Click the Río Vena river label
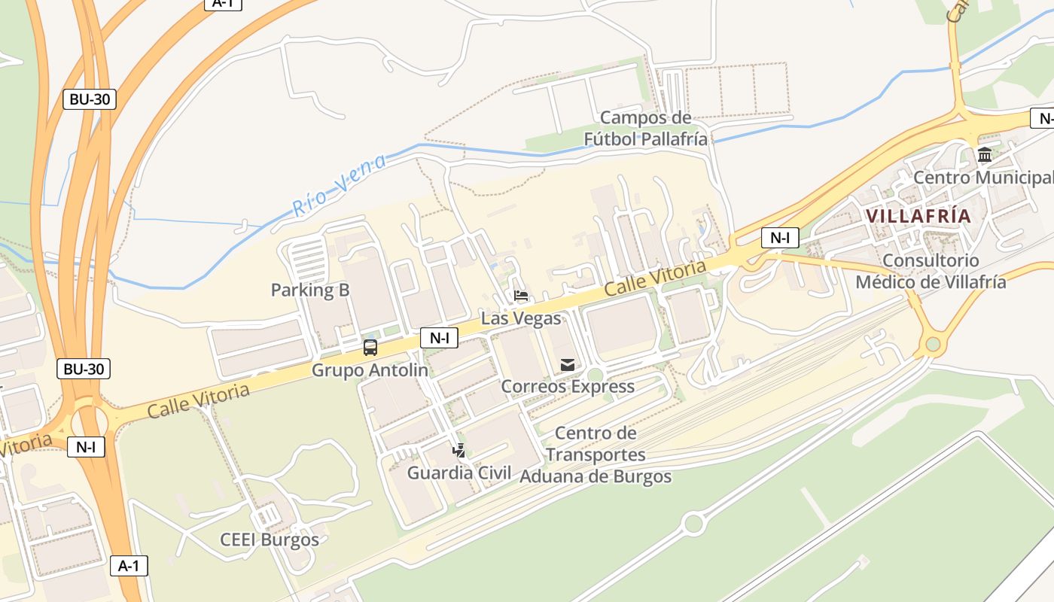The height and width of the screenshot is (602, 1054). click(x=340, y=185)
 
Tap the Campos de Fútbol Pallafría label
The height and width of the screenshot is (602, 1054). click(x=646, y=129)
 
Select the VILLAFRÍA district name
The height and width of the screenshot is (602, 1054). click(x=918, y=216)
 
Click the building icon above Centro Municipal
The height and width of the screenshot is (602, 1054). click(x=984, y=155)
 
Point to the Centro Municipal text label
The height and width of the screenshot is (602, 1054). click(x=982, y=178)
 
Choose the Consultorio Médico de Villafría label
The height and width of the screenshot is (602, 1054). click(x=931, y=272)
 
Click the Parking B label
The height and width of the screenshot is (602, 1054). click(x=310, y=290)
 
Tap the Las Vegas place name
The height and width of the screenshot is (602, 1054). click(x=521, y=318)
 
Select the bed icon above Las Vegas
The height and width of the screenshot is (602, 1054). click(x=520, y=296)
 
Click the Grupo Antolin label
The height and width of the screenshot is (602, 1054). click(x=370, y=370)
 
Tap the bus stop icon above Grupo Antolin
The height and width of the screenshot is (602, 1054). click(x=370, y=348)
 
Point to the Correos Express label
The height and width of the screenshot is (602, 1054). click(x=568, y=387)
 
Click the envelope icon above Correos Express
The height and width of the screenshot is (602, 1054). click(x=568, y=366)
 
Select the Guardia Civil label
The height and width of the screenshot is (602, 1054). click(x=459, y=473)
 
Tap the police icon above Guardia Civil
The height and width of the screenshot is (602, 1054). click(x=458, y=451)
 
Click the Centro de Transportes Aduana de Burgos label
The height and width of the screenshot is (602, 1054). click(x=596, y=455)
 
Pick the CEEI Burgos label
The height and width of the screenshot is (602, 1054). click(x=270, y=540)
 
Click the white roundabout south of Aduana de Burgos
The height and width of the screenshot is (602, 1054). click(x=693, y=523)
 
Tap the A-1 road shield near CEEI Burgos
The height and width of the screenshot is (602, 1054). click(x=129, y=566)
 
